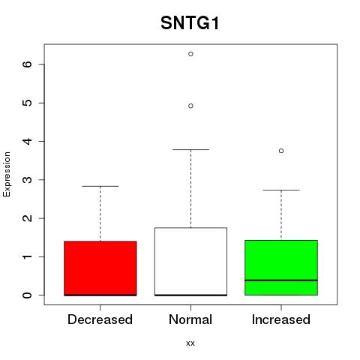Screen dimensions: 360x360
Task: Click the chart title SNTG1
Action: [x=190, y=23]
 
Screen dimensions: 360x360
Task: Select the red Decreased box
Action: [x=100, y=268]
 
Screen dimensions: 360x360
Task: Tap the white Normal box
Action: [x=190, y=262]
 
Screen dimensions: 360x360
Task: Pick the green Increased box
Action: [x=281, y=268]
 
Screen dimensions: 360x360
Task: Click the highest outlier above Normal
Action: [x=190, y=54]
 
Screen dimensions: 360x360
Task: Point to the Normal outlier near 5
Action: [x=190, y=106]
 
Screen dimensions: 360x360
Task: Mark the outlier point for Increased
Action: [x=281, y=151]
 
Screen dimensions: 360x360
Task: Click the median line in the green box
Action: [x=281, y=280]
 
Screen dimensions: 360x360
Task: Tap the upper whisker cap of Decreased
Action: [x=100, y=186]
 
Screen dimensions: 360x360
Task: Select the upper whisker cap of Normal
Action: [x=190, y=149]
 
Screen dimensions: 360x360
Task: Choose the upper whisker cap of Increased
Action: [x=281, y=190]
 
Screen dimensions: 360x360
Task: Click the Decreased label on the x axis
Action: [x=100, y=319]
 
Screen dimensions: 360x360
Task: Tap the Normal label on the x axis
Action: [x=190, y=319]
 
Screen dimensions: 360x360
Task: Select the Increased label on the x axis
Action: [x=281, y=319]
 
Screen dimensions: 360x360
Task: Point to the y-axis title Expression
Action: [x=7, y=174]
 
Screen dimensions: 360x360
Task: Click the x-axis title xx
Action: [x=190, y=343]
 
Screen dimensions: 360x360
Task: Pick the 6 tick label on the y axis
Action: [x=27, y=64]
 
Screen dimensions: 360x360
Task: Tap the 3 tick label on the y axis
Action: [x=27, y=180]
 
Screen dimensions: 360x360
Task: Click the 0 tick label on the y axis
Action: [x=27, y=295]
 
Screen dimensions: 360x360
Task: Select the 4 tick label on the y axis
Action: [x=27, y=141]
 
